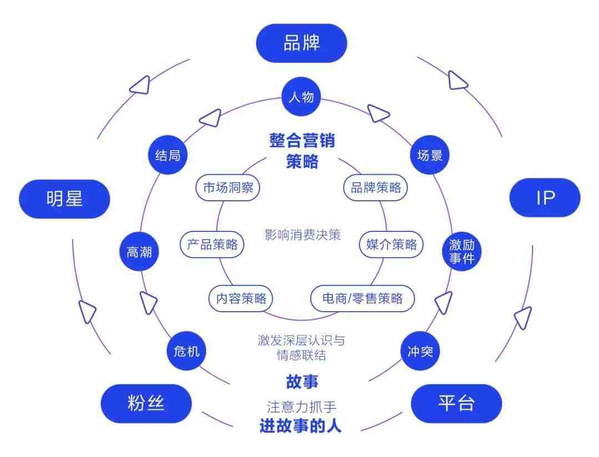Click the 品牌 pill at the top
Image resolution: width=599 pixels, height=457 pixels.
pyautogui.click(x=301, y=43)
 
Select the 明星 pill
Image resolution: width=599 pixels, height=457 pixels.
pyautogui.click(x=64, y=199)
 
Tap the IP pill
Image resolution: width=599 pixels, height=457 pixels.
pyautogui.click(x=545, y=197)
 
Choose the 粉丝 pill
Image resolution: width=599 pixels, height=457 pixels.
pyautogui.click(x=146, y=404)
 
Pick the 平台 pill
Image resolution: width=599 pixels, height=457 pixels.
pyautogui.click(x=456, y=404)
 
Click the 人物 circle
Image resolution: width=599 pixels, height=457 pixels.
pyautogui.click(x=301, y=97)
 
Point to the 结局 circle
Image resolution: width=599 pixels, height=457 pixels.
pyautogui.click(x=167, y=155)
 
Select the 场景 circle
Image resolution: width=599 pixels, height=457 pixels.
pyautogui.click(x=430, y=155)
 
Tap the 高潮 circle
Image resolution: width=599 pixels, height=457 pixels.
pyautogui.click(x=139, y=251)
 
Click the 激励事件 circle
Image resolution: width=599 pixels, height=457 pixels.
pyautogui.click(x=461, y=251)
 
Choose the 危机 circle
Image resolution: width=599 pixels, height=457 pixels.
pyautogui.click(x=186, y=351)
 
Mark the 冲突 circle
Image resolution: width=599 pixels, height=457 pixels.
pyautogui.click(x=420, y=351)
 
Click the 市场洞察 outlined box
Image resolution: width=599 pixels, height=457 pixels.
pyautogui.click(x=228, y=187)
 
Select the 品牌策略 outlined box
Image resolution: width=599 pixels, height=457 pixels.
pyautogui.click(x=375, y=187)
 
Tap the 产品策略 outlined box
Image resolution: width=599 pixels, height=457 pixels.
pyautogui.click(x=212, y=244)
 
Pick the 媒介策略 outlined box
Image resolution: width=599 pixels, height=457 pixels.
pyautogui.click(x=391, y=244)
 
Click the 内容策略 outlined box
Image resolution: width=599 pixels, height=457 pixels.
pyautogui.click(x=241, y=298)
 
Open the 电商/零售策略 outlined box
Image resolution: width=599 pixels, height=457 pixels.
pyautogui.click(x=363, y=298)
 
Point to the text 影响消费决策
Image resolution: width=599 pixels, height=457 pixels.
pyautogui.click(x=302, y=235)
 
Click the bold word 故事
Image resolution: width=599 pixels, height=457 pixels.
pyautogui.click(x=302, y=382)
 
